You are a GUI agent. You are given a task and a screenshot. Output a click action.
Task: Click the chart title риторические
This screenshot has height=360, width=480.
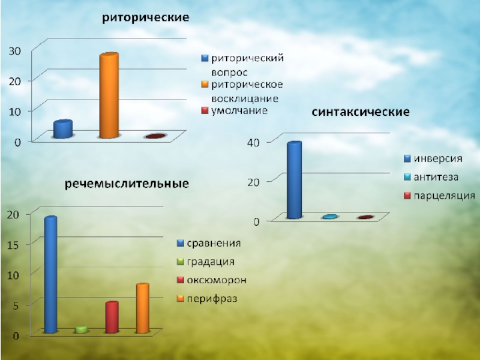[x=145, y=18]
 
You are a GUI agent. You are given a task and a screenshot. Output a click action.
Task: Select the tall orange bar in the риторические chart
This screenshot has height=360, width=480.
[x=109, y=96]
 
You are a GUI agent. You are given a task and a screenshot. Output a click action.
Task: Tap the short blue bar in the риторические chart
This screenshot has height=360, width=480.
[x=62, y=130]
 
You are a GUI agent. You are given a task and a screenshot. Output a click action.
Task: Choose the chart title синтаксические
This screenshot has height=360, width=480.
[x=360, y=112]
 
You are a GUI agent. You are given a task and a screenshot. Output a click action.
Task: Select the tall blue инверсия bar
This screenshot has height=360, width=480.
[x=294, y=180]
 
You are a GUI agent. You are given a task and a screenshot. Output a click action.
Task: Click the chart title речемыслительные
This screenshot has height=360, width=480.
[x=127, y=182]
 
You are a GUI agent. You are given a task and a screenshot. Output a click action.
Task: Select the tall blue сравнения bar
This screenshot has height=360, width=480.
[x=50, y=274]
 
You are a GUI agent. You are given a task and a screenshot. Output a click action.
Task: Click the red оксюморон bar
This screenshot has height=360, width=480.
[x=112, y=317]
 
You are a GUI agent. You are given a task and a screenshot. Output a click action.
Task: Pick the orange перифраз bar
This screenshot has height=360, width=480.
[x=142, y=308]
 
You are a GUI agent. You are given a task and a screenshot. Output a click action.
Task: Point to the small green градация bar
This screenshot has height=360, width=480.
[x=81, y=329]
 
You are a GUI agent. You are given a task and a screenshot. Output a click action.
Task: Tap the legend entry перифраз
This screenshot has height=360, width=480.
[x=212, y=298]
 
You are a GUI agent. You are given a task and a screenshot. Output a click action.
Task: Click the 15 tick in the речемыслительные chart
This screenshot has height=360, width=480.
[x=13, y=244]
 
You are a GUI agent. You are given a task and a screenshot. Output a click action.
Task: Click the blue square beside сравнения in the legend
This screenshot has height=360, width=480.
[x=180, y=244]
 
